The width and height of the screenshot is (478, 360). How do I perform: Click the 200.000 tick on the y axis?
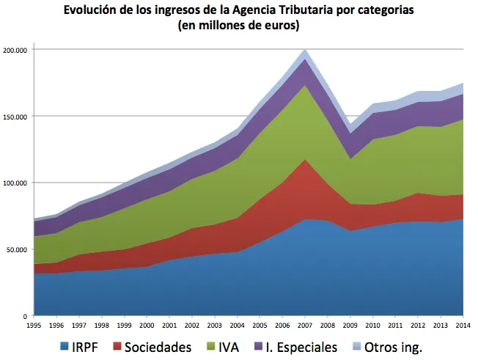[x=15, y=50]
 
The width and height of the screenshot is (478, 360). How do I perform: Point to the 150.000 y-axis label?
[x=15, y=117]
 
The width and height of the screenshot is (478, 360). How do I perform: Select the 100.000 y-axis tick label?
[x=15, y=183]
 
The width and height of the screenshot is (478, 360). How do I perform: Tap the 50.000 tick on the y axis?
[x=17, y=249]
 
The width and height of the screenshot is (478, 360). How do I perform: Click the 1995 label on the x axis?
[x=33, y=323]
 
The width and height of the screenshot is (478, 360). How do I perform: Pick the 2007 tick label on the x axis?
[x=305, y=323]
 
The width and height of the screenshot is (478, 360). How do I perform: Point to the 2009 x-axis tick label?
[x=350, y=323]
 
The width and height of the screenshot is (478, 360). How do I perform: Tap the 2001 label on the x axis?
[x=169, y=323]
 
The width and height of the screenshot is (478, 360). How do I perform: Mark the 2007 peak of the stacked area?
[x=305, y=50]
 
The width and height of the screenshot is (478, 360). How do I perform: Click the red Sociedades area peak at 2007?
[x=305, y=160]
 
